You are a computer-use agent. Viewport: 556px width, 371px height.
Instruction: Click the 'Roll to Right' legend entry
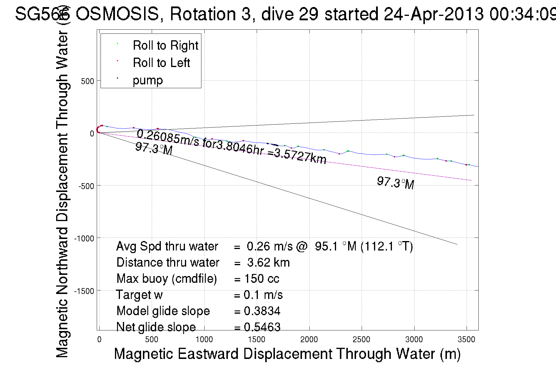[165, 46]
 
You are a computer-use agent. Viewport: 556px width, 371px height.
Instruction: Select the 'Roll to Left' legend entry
[161, 63]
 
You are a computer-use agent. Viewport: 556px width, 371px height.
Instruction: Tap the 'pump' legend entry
[148, 80]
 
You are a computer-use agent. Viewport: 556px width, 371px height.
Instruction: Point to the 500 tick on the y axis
[87, 81]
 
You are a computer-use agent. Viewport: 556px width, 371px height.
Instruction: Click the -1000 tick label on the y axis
[84, 238]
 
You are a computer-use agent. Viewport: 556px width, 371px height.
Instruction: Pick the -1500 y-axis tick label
[84, 291]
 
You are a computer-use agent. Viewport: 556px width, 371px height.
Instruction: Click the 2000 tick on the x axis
[309, 340]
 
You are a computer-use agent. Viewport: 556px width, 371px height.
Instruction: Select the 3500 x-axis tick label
[466, 340]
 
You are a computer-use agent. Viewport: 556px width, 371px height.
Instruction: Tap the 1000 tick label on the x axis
[204, 340]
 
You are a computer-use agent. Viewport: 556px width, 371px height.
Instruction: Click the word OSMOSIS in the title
[117, 14]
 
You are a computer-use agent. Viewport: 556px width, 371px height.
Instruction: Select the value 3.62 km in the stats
[268, 263]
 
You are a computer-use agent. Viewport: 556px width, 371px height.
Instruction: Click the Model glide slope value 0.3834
[262, 311]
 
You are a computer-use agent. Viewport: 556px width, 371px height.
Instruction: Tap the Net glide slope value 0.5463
[262, 327]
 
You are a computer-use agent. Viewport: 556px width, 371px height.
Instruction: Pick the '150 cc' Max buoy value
[262, 279]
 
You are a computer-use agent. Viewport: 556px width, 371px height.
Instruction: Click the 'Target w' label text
[139, 295]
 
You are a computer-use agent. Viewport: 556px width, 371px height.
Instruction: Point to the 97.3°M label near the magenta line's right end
[395, 183]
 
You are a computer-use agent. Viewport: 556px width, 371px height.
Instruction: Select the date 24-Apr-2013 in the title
[434, 14]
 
